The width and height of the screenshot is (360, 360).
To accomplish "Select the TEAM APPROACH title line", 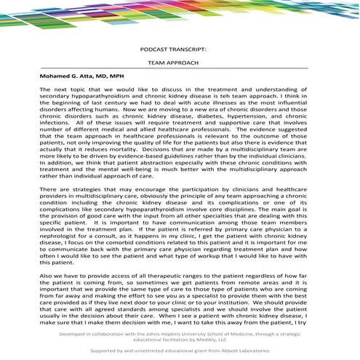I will [179, 63].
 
